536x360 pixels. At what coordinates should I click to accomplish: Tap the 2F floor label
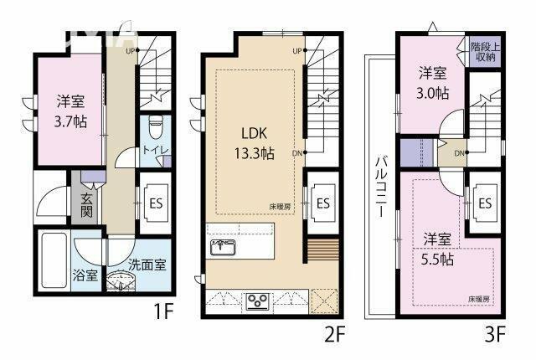click(334, 335)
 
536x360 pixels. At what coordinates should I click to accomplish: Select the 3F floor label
click(495, 335)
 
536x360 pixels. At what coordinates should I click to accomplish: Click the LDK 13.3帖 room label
click(255, 143)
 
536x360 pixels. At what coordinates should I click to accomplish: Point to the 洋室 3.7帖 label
click(58, 110)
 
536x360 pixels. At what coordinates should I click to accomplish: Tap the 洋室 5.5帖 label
click(437, 249)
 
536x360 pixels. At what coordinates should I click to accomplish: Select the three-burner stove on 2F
click(256, 301)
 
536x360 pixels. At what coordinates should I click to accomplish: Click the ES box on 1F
click(154, 201)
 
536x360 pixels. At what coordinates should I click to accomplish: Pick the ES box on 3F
click(485, 203)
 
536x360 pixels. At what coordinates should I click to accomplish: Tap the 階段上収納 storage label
click(482, 53)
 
